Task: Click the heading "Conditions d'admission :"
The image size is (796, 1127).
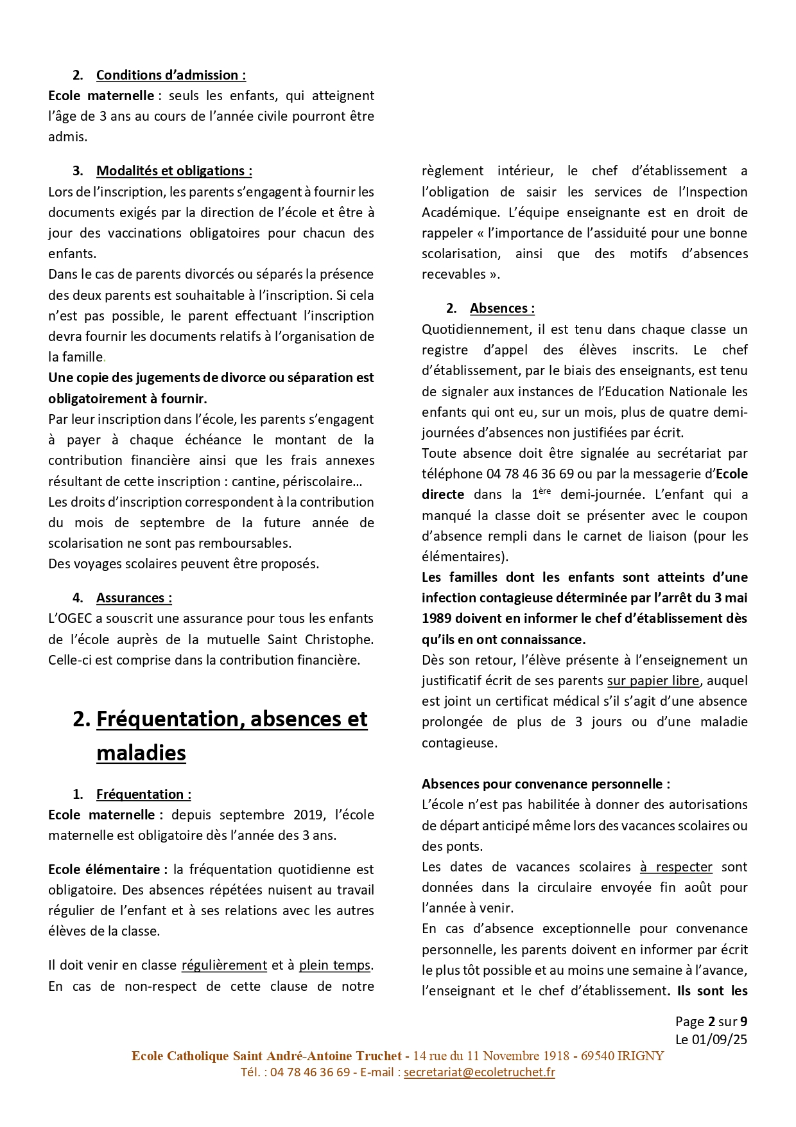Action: tap(171, 75)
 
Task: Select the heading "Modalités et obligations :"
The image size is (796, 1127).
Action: tap(174, 171)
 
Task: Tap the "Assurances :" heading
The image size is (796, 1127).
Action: tap(134, 598)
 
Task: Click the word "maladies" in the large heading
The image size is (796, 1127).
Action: tap(141, 753)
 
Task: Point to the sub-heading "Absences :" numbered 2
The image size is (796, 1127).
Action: tap(502, 308)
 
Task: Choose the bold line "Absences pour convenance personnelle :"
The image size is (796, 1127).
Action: tap(546, 784)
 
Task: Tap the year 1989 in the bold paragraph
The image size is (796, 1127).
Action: tap(437, 618)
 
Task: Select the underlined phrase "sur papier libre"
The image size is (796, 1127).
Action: tap(653, 681)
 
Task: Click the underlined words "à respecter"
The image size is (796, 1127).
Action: tap(676, 867)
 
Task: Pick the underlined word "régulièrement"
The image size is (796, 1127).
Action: tap(224, 965)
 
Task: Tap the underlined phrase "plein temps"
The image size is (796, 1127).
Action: tap(334, 965)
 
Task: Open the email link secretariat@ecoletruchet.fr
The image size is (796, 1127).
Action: tap(479, 1072)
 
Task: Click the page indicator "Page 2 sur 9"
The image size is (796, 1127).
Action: tap(711, 1022)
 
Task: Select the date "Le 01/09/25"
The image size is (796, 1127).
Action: tap(711, 1039)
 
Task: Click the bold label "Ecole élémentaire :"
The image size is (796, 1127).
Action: tap(107, 869)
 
